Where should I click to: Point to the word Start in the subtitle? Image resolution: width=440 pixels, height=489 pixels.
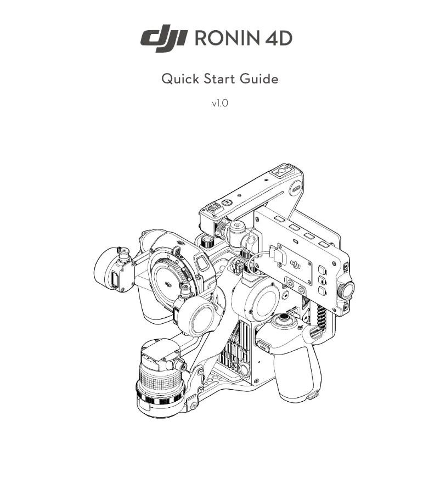[219, 79]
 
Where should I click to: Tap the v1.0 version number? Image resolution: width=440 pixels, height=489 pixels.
[219, 103]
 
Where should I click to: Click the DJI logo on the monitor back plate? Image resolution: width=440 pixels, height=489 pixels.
[295, 263]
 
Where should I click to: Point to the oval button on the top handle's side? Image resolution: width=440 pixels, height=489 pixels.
[295, 188]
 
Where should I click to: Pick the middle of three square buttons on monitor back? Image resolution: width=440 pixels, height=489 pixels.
[322, 280]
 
